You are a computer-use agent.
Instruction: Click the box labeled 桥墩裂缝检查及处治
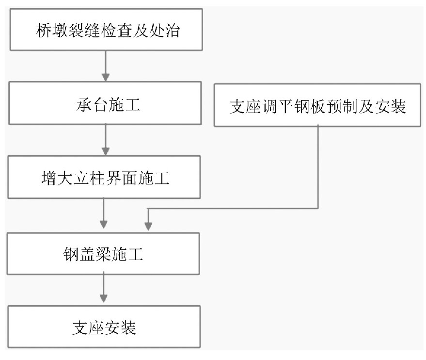(x=106, y=30)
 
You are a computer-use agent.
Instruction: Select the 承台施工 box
(x=105, y=103)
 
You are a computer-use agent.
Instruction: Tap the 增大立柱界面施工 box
(x=104, y=177)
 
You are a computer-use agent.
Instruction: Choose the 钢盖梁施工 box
(x=103, y=253)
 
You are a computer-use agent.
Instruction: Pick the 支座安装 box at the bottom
(x=104, y=327)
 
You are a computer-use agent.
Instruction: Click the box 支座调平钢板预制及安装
(x=317, y=105)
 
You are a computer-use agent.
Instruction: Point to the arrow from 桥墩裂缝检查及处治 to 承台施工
(x=106, y=66)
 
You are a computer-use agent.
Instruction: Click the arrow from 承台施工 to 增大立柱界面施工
(x=106, y=140)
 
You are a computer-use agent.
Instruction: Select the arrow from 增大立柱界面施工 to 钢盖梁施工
(x=104, y=213)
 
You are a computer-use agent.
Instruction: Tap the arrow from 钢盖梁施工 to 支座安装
(x=104, y=287)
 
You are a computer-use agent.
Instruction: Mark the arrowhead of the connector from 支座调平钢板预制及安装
(x=148, y=226)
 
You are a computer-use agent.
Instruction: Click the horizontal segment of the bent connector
(x=233, y=209)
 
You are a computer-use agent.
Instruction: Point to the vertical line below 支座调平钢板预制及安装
(x=318, y=167)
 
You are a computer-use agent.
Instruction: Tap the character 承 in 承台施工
(x=84, y=104)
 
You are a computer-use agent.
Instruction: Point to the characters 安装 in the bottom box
(x=120, y=327)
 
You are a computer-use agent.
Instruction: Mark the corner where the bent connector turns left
(x=318, y=209)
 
